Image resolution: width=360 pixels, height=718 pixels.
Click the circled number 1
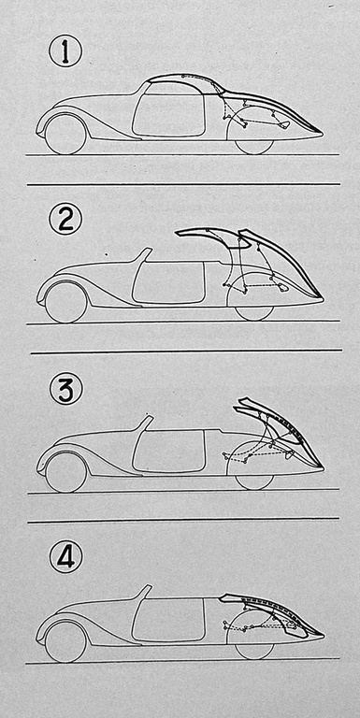[x=65, y=51]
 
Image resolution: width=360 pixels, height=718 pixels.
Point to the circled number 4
[x=65, y=557]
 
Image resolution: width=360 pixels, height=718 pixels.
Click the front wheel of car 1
[x=65, y=134]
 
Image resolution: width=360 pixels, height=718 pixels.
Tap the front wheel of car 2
[x=66, y=302]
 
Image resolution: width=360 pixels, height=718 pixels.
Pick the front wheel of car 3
[x=66, y=471]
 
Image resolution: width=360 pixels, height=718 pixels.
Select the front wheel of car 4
[x=66, y=640]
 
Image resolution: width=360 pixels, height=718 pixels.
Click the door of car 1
[x=167, y=114]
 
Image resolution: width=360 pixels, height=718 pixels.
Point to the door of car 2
[x=167, y=282]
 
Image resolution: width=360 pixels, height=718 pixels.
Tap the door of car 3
[x=167, y=452]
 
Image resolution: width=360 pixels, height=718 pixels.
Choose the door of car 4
[x=167, y=621]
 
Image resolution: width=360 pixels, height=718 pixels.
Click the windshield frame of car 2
[x=144, y=255]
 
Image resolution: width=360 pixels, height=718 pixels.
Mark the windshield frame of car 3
[x=145, y=424]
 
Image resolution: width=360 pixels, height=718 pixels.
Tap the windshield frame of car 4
[x=145, y=593]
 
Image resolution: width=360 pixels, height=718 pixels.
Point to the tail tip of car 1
[x=323, y=135]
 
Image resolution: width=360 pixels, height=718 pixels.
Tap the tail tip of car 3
[x=323, y=469]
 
